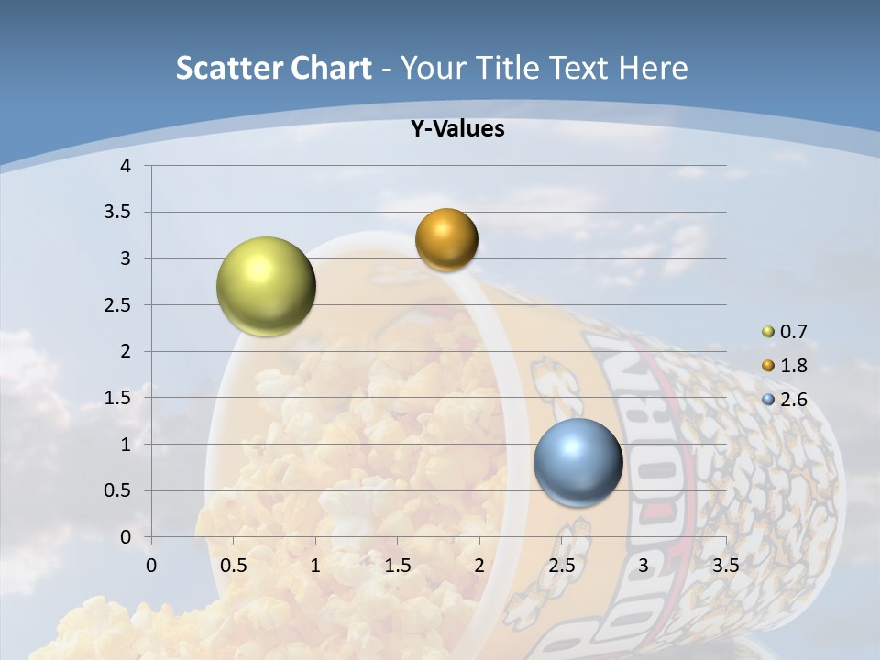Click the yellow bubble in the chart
tap(266, 286)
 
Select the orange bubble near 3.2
tap(446, 239)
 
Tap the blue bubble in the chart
tap(577, 462)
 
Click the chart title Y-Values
tap(456, 128)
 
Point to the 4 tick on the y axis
tap(126, 166)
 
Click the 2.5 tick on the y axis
tap(116, 305)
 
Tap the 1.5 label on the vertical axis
tap(116, 398)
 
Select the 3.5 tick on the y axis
tap(116, 213)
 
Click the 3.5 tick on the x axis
tap(725, 565)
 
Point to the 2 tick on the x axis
tap(479, 565)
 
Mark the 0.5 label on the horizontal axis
tap(233, 565)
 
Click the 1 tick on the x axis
tap(315, 565)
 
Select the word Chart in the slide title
tap(332, 68)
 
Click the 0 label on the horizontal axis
tap(151, 565)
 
